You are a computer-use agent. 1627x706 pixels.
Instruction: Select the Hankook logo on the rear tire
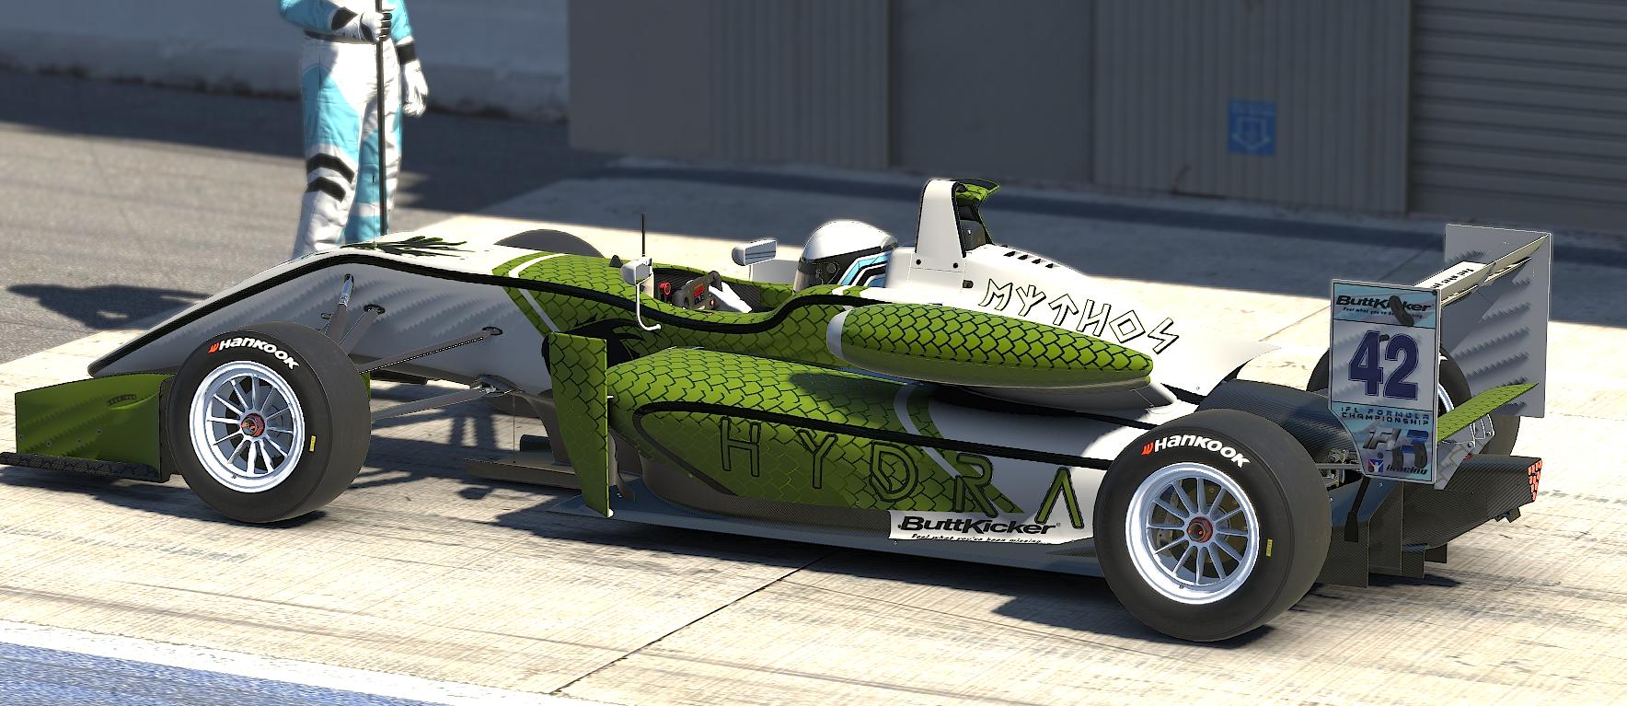coord(1194,449)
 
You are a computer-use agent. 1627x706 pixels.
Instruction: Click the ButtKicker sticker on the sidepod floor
coord(975,526)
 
